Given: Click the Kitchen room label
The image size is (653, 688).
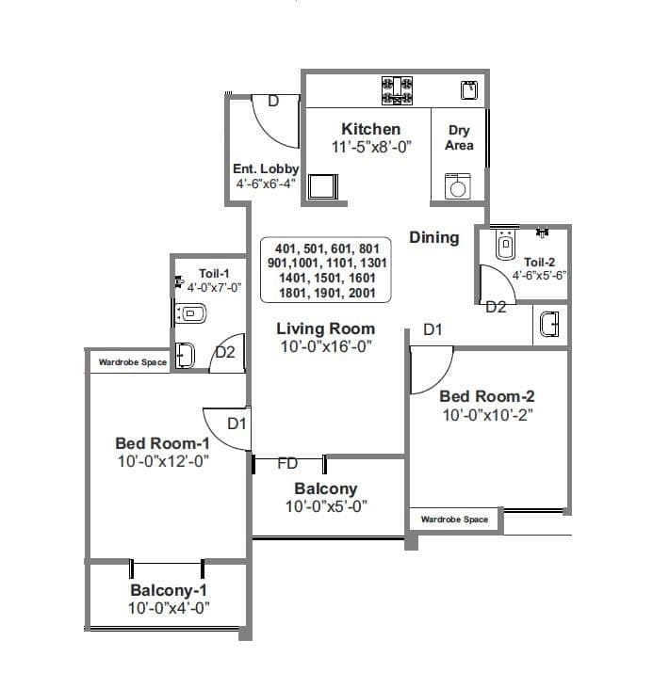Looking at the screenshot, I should point(370,129).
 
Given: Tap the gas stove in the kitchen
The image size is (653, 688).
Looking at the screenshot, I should point(396,90).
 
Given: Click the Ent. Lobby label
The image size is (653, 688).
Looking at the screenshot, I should point(266,168).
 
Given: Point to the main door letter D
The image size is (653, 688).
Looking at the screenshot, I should point(273,102).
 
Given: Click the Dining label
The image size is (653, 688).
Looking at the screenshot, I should point(433,237).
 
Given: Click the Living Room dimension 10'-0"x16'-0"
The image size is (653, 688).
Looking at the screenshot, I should point(325,346).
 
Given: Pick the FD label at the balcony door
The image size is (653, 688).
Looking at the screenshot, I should point(287,464).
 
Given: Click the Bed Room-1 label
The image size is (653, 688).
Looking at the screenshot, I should point(161,443).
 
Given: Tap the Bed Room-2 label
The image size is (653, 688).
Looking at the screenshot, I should point(487,396).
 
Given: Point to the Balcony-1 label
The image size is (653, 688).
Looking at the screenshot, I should point(169,590).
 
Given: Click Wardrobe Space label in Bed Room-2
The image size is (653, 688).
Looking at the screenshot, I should point(454,519).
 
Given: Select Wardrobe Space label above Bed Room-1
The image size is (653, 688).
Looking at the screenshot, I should point(132,361).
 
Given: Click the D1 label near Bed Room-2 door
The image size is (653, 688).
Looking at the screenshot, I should point(433,329).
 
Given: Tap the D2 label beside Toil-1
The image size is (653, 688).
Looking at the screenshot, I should point(225,353).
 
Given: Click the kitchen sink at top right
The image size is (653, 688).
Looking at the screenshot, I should point(468,90).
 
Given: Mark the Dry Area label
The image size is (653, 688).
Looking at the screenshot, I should point(459,138).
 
